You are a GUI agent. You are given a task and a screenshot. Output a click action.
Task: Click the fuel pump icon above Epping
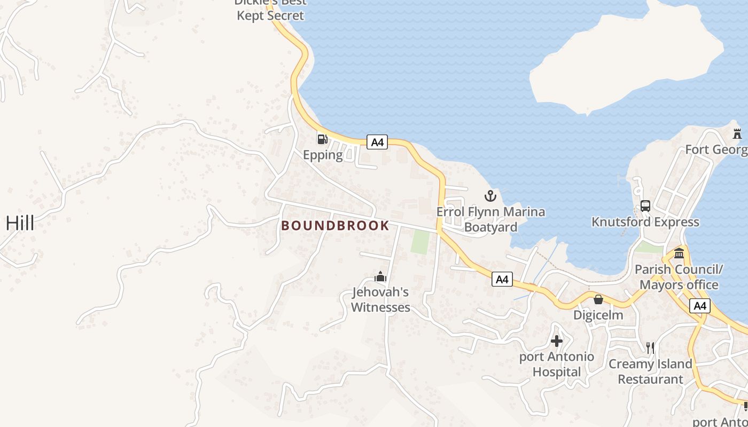coord(322,139)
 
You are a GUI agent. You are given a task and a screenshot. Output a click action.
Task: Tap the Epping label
coord(323,155)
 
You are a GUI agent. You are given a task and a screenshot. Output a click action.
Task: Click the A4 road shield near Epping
coord(377,142)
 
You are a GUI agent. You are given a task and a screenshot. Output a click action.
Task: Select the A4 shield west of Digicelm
coord(502,279)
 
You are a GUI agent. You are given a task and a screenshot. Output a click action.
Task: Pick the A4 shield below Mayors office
coord(700,306)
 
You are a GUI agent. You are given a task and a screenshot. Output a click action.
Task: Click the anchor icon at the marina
coord(490,195)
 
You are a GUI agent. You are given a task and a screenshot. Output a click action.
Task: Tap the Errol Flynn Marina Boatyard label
coord(490,219)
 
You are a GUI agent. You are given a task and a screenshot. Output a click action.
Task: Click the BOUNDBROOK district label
coord(336,226)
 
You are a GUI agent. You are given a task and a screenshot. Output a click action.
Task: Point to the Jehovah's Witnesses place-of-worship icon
coord(380,276)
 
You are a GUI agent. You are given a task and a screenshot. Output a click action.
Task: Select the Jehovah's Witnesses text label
coord(380,299)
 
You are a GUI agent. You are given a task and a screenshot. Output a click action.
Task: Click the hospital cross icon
coord(557,341)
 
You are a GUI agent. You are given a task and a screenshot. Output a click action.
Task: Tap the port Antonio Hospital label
coord(557,364)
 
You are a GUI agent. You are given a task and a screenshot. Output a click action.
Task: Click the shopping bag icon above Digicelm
coord(598,299)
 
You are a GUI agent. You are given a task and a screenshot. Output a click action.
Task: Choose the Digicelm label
coord(598,315)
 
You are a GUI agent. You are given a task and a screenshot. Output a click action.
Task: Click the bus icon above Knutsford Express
coord(645,206)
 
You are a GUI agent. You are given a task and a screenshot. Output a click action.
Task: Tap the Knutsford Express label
coord(645,222)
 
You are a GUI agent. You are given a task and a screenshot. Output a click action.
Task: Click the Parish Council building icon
coord(679,253)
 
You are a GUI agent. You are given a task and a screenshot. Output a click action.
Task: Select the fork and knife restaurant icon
coord(650,348)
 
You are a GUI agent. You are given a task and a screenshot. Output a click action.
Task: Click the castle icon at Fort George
coord(737,133)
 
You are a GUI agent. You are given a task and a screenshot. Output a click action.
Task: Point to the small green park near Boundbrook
coord(420,242)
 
